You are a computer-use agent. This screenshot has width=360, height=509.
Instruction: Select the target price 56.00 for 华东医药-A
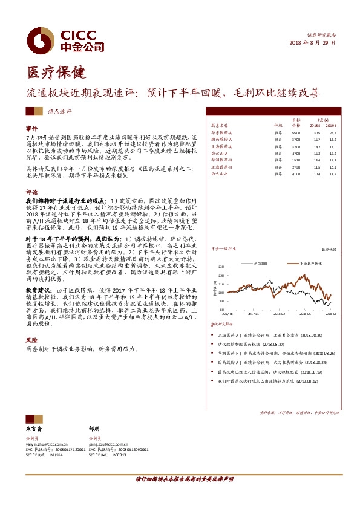tap(296, 132)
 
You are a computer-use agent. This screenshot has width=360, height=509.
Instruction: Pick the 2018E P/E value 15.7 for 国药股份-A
tap(316, 139)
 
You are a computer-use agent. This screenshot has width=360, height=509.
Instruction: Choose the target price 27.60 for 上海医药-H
tap(296, 166)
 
